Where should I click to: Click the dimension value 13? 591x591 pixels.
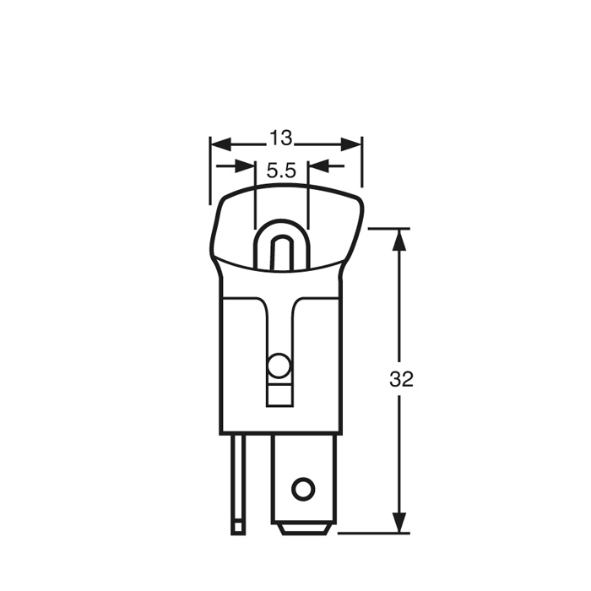pos(281,138)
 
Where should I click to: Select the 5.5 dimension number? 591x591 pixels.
pos(281,171)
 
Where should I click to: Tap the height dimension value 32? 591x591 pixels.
pos(402,379)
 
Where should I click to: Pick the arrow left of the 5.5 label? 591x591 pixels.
pos(244,165)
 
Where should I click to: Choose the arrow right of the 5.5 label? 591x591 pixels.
pos(318,165)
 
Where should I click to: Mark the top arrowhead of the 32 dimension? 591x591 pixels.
pos(400,239)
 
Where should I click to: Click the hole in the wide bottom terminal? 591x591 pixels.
pos(301,488)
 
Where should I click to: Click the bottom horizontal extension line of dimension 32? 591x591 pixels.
pos(371,534)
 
